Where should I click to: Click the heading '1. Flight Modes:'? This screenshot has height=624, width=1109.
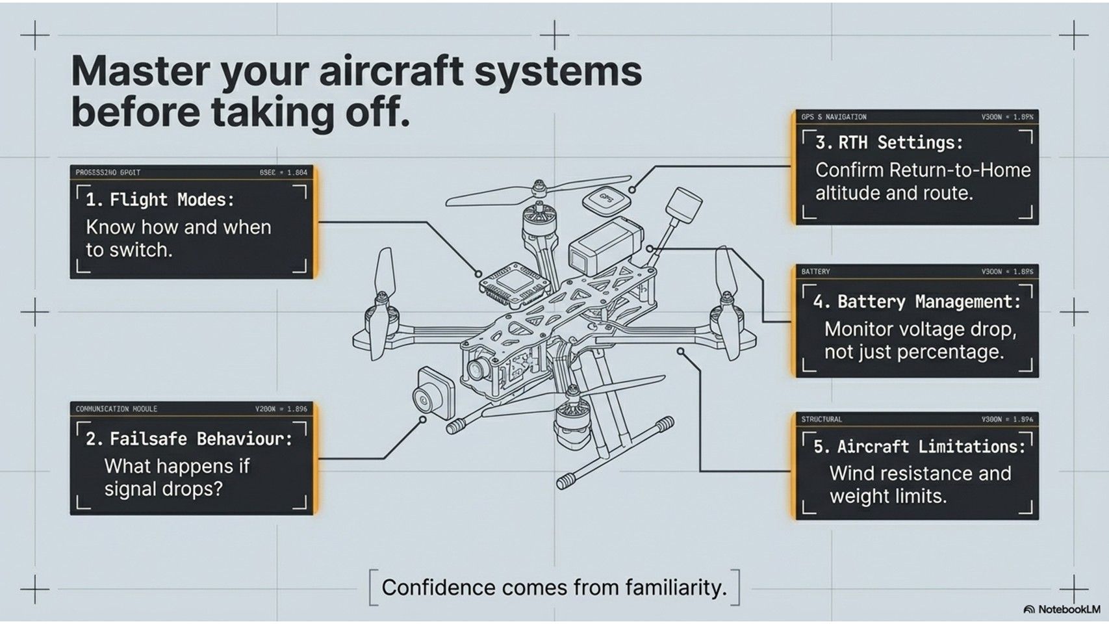(x=160, y=200)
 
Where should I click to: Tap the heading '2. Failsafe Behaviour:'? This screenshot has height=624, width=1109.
(x=189, y=439)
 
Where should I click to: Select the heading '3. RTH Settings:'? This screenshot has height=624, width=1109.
(x=889, y=142)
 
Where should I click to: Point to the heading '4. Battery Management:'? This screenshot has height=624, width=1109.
(x=917, y=302)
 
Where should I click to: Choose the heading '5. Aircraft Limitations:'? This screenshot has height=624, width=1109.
(x=919, y=447)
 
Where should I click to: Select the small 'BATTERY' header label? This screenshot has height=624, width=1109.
(x=815, y=272)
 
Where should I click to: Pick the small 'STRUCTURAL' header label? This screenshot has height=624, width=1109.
(x=821, y=419)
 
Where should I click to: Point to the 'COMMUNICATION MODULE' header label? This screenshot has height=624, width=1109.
(x=116, y=409)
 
